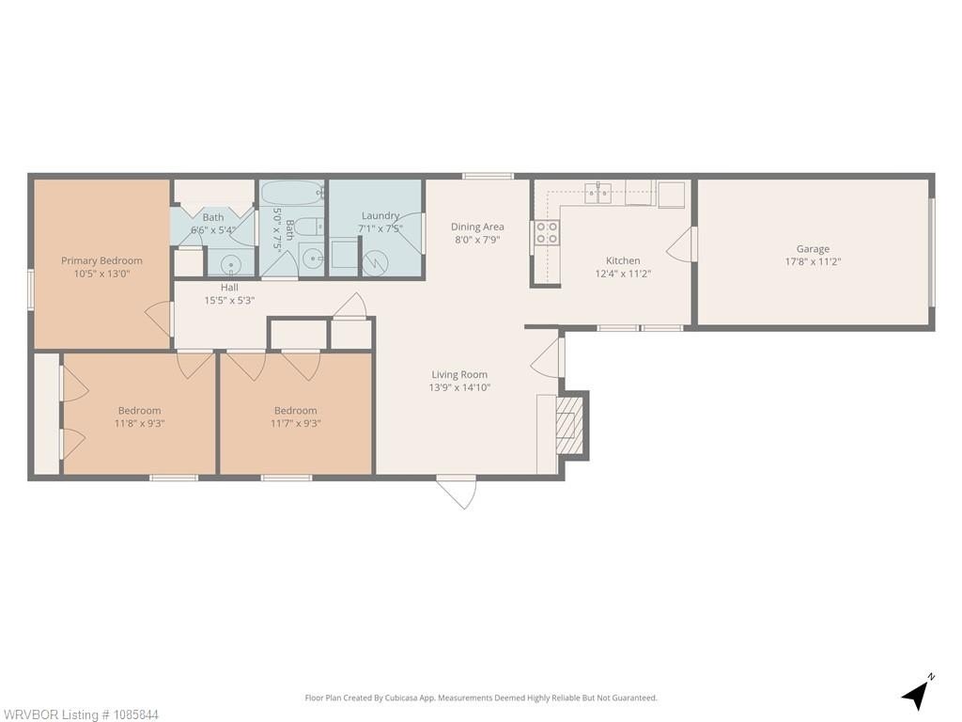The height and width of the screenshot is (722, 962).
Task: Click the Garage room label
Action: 813,248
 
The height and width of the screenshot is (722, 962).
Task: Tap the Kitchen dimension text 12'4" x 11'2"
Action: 623,274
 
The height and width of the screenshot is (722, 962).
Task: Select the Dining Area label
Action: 477,227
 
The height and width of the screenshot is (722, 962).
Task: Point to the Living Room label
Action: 459,374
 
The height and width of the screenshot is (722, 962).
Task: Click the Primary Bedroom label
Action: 101,261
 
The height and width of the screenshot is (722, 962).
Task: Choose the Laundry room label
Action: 380,215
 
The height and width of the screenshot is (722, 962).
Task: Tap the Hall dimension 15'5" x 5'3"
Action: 229,301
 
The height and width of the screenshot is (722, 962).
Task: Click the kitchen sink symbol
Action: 597,194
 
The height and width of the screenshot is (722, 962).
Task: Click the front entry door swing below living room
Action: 458,492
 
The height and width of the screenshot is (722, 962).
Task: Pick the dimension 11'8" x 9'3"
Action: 140,424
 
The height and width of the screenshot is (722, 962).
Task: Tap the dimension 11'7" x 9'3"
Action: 296,424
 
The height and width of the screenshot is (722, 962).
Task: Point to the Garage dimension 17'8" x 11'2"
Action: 813,261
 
